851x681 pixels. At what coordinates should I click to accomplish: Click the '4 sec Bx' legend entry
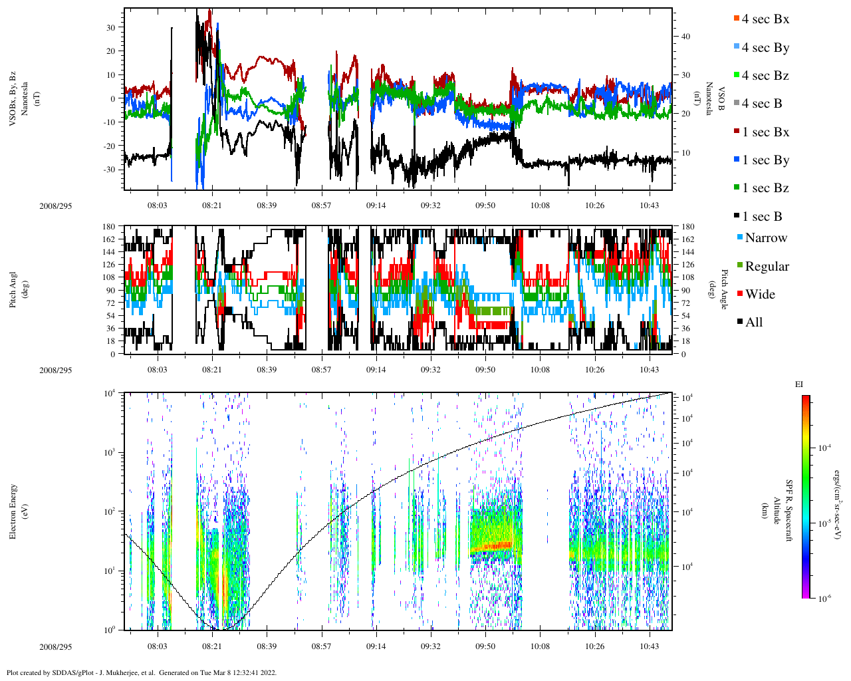(765, 19)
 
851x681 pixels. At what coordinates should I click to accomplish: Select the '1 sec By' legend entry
(765, 160)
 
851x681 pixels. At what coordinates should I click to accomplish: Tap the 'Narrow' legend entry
(765, 238)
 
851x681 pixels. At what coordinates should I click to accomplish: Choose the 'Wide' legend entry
(759, 295)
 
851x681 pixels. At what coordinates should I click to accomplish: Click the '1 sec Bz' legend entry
(765, 188)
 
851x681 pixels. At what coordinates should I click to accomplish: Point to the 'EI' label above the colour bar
(799, 384)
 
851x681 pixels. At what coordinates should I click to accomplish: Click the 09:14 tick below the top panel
(376, 205)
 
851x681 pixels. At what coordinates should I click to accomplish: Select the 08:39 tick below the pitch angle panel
(267, 370)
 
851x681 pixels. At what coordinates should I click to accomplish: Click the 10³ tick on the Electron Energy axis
(110, 452)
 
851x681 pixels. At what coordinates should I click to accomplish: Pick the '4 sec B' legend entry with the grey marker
(761, 104)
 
